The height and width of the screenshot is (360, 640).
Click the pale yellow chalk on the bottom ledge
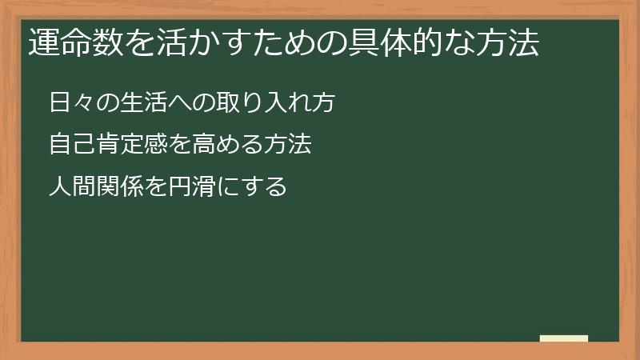(x=564, y=338)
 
